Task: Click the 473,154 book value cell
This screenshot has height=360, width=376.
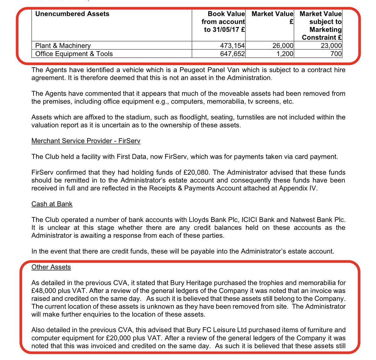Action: click(232, 46)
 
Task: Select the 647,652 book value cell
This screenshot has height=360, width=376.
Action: click(232, 54)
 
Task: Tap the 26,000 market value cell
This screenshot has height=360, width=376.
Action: click(283, 46)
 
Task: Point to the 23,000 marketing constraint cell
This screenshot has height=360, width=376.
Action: click(331, 46)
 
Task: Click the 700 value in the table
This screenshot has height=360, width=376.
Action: click(336, 54)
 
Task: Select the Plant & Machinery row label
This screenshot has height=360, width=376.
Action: click(63, 46)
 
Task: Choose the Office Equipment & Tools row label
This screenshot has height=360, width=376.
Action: click(74, 54)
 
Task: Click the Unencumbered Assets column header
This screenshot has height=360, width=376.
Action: click(72, 14)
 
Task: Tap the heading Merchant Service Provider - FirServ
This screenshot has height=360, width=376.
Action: click(86, 141)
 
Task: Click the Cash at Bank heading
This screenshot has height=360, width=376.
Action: click(52, 204)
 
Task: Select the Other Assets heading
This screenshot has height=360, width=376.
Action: click(51, 267)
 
